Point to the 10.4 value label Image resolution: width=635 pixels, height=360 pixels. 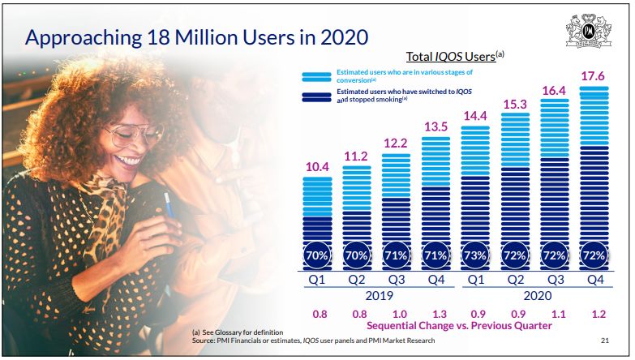[x=317, y=167]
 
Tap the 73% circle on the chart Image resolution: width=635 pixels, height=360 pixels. [x=475, y=255]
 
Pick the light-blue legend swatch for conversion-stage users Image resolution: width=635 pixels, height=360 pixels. [x=317, y=76]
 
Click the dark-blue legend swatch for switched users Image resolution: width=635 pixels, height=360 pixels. [x=317, y=96]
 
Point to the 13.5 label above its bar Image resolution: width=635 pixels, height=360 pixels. [x=435, y=126]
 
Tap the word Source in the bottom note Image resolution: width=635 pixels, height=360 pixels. [x=206, y=341]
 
